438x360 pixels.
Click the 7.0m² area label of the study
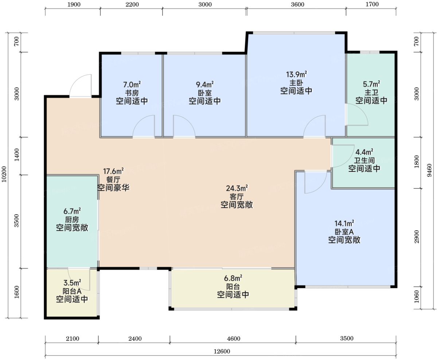132,84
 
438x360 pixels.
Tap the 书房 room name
132,93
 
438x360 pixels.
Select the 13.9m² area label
296,74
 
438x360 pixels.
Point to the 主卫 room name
371,92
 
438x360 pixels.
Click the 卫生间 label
364,161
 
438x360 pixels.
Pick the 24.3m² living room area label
236,188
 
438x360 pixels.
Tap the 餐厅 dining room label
113,179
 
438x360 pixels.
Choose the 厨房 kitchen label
72,219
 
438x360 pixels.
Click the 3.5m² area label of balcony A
72,283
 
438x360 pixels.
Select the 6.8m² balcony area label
233,278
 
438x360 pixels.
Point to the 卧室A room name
344,232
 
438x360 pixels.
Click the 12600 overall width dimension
222,351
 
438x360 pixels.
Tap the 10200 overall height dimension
4,174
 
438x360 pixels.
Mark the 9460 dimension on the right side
430,170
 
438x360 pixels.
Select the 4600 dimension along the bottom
234,339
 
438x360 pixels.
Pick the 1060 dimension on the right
417,297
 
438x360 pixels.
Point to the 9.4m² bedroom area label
205,84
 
